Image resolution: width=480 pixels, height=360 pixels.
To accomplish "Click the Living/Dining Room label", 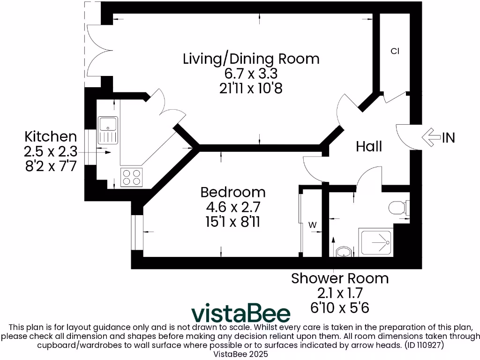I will point(251,59).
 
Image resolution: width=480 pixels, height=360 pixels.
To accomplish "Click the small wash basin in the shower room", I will point(344,252).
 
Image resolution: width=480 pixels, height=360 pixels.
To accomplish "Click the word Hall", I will point(369,147).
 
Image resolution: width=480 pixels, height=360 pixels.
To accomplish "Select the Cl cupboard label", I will point(395,51).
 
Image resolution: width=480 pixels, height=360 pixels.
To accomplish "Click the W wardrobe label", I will point(313,225).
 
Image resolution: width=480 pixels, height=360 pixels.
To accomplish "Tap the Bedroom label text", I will point(232,192).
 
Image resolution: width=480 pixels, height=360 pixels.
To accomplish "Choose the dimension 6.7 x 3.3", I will point(251,74).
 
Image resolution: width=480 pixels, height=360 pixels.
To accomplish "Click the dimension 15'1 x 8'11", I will point(232,221).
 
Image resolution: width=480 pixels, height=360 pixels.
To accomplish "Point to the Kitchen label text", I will point(50,137).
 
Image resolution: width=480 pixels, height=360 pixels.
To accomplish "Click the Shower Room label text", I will point(340,278).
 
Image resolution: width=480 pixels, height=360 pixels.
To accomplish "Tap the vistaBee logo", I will point(241,313).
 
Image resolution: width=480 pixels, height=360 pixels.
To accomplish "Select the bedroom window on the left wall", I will point(137,232).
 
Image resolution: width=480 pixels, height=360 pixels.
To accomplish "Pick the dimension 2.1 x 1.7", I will point(340,293).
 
